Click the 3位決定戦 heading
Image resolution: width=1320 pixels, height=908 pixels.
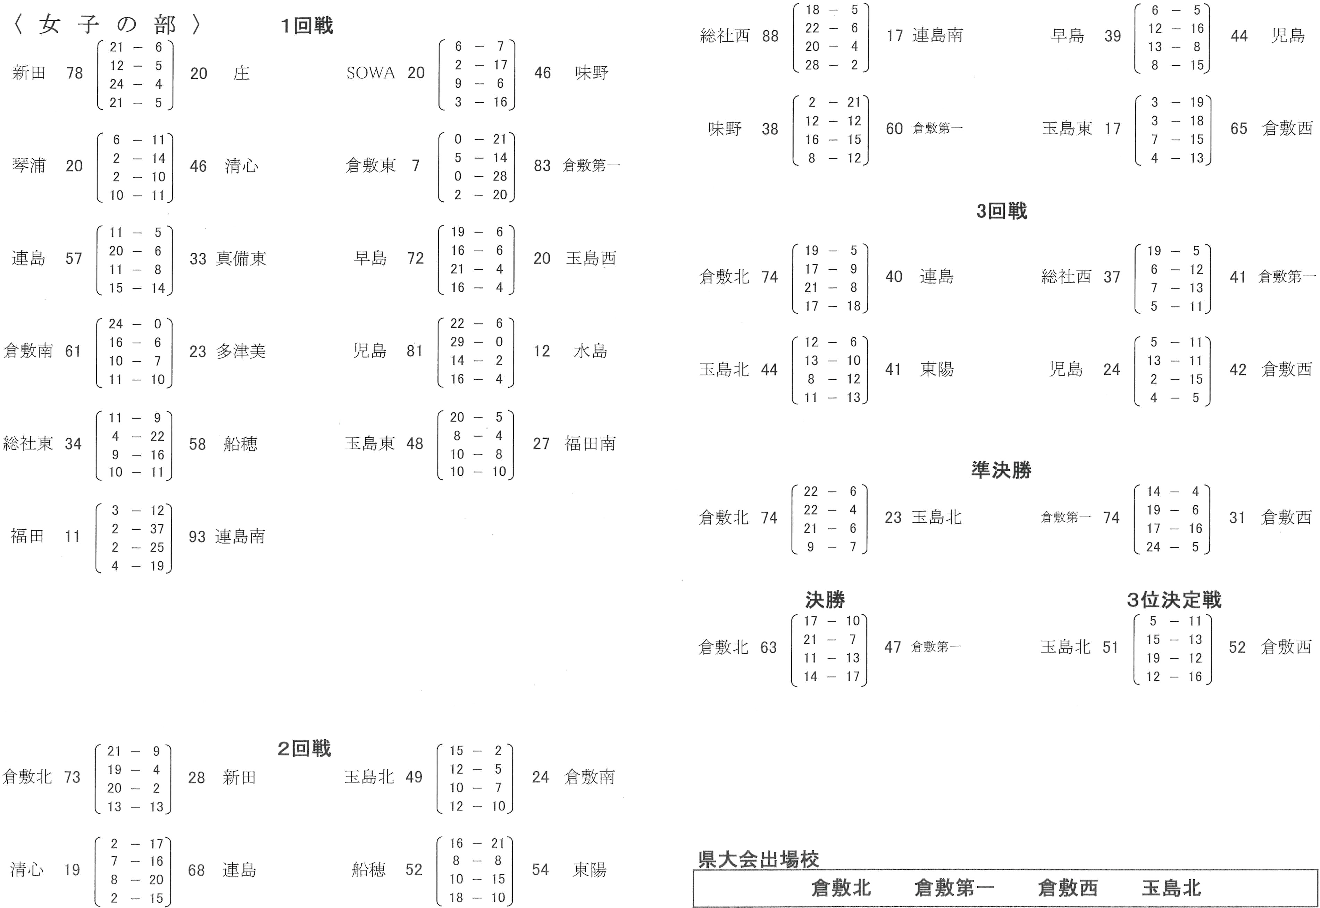pyautogui.click(x=1173, y=600)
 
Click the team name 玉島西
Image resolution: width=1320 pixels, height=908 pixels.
pyautogui.click(x=591, y=259)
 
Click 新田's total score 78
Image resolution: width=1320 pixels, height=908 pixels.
pyautogui.click(x=75, y=73)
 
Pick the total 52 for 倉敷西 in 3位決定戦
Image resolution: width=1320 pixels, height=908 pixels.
pyautogui.click(x=1237, y=647)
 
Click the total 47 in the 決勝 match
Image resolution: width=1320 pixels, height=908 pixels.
pyautogui.click(x=892, y=647)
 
